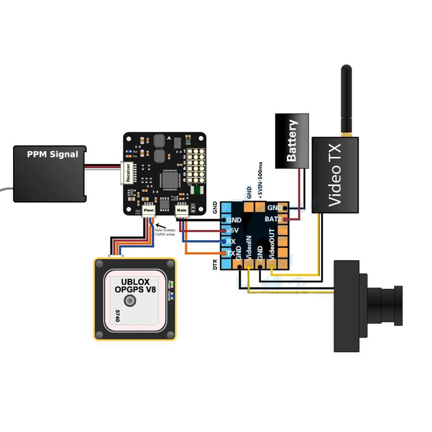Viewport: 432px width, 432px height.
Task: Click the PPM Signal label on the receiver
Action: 52,154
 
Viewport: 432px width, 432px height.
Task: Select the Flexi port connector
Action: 149,210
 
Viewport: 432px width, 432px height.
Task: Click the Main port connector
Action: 181,210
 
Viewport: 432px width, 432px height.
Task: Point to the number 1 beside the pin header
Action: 184,152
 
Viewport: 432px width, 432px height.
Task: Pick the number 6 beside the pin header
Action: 184,180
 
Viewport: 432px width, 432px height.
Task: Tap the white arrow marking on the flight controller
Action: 169,138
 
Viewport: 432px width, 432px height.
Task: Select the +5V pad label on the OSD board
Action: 233,230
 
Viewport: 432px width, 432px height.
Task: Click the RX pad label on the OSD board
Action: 231,242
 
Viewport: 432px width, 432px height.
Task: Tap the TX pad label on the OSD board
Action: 230,253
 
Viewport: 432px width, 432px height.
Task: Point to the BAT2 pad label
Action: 273,219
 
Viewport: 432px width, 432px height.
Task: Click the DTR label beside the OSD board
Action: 216,264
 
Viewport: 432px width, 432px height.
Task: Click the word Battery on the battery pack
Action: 292,140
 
